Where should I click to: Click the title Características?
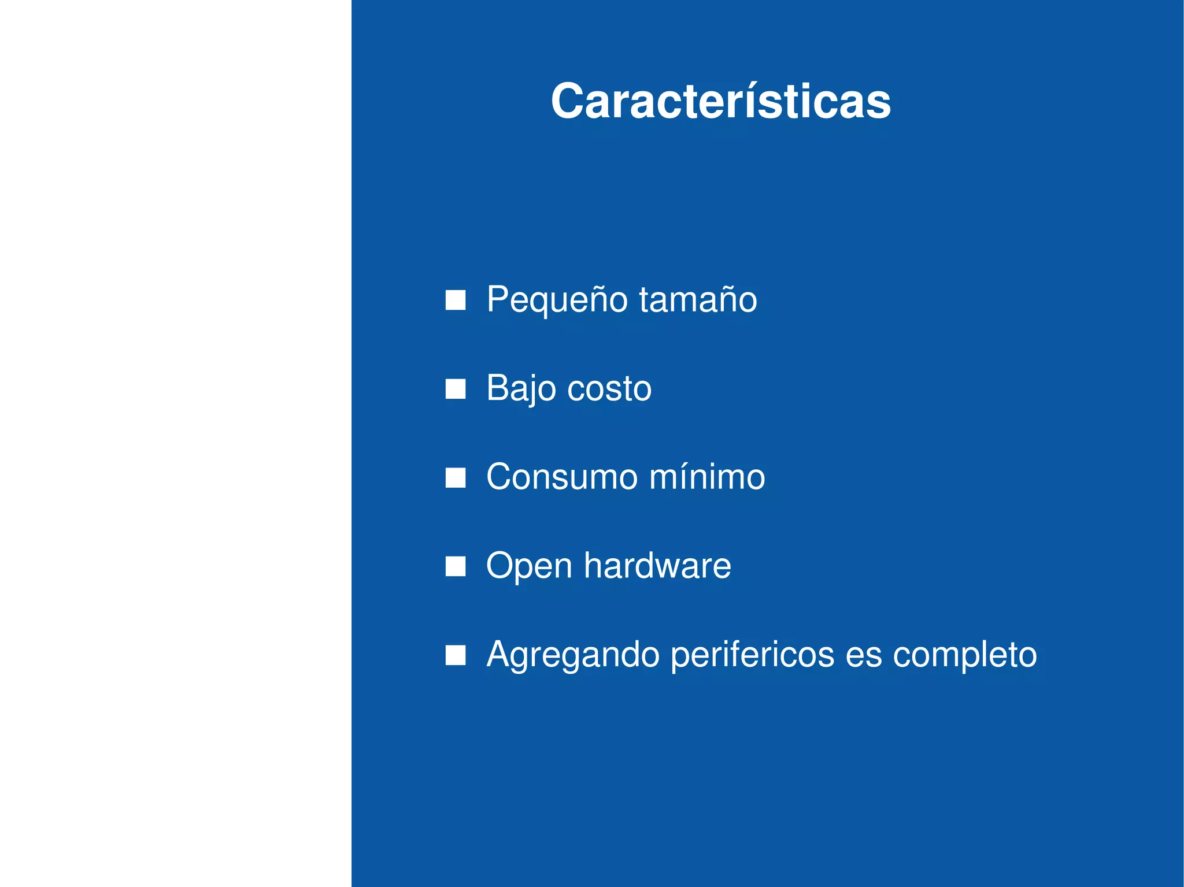coord(720,102)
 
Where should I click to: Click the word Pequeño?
coord(557,300)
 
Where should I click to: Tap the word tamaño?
coord(698,300)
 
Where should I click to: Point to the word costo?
coord(609,388)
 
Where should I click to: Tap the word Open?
coord(528,566)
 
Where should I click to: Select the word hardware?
coord(657,566)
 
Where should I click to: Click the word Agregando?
coord(573,655)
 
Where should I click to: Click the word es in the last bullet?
coord(864,655)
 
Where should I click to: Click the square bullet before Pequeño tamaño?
coord(456,300)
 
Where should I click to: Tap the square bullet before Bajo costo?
coord(456,389)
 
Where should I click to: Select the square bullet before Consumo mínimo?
coord(456,478)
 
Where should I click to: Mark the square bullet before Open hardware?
coord(456,567)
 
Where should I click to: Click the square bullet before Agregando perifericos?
coord(456,656)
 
